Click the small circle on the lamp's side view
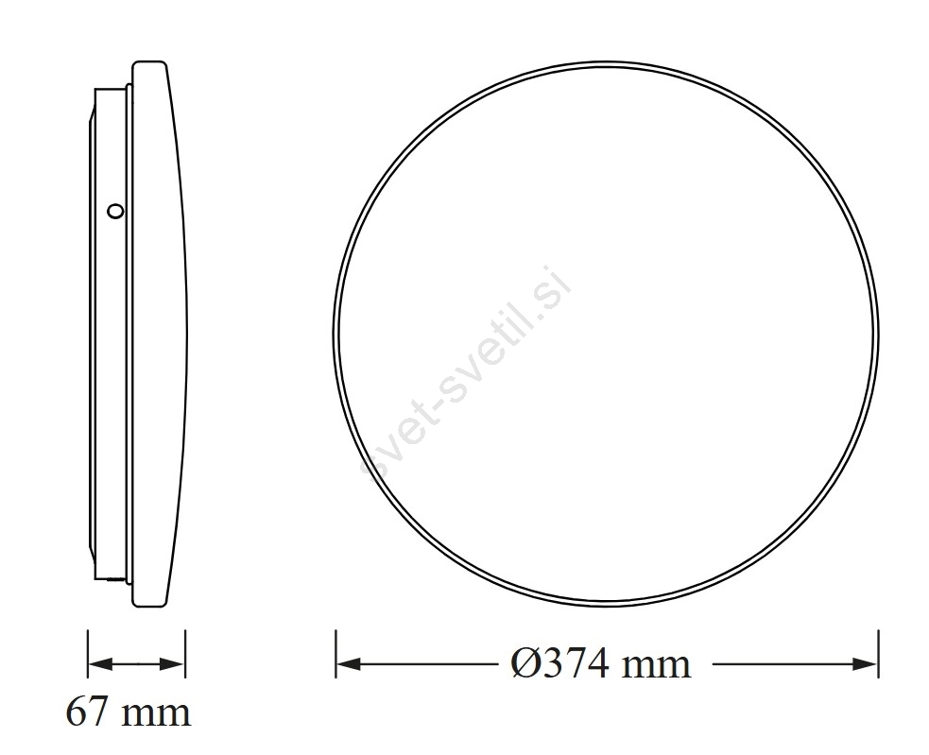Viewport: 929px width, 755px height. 115,211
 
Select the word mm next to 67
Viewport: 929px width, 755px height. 157,715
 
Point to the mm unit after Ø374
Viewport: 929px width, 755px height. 657,667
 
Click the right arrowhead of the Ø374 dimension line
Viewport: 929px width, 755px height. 866,663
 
